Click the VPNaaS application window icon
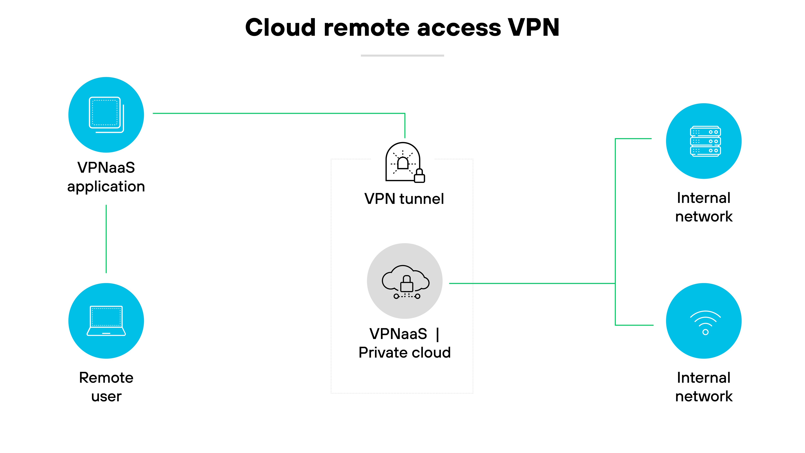pos(106,114)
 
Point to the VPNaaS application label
pos(106,177)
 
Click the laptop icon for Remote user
pos(106,321)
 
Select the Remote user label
pos(106,387)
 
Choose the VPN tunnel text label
pos(404,199)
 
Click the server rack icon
pos(705,141)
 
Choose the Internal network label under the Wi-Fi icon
pos(704,387)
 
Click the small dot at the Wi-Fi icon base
pos(705,332)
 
